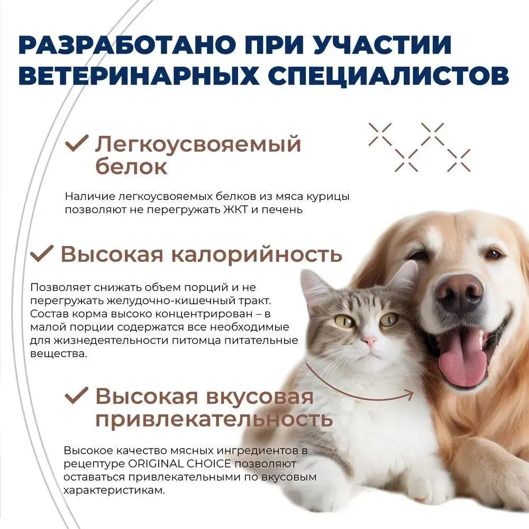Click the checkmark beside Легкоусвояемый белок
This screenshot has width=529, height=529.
pos(77,144)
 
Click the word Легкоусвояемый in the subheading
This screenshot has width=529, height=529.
pos(198,144)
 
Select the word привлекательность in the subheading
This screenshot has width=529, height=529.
pos(214,419)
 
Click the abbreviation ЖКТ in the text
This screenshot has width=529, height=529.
pos(236,209)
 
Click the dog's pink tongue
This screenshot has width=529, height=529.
pos(462,360)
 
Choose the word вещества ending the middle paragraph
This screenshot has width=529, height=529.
pos(58,354)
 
